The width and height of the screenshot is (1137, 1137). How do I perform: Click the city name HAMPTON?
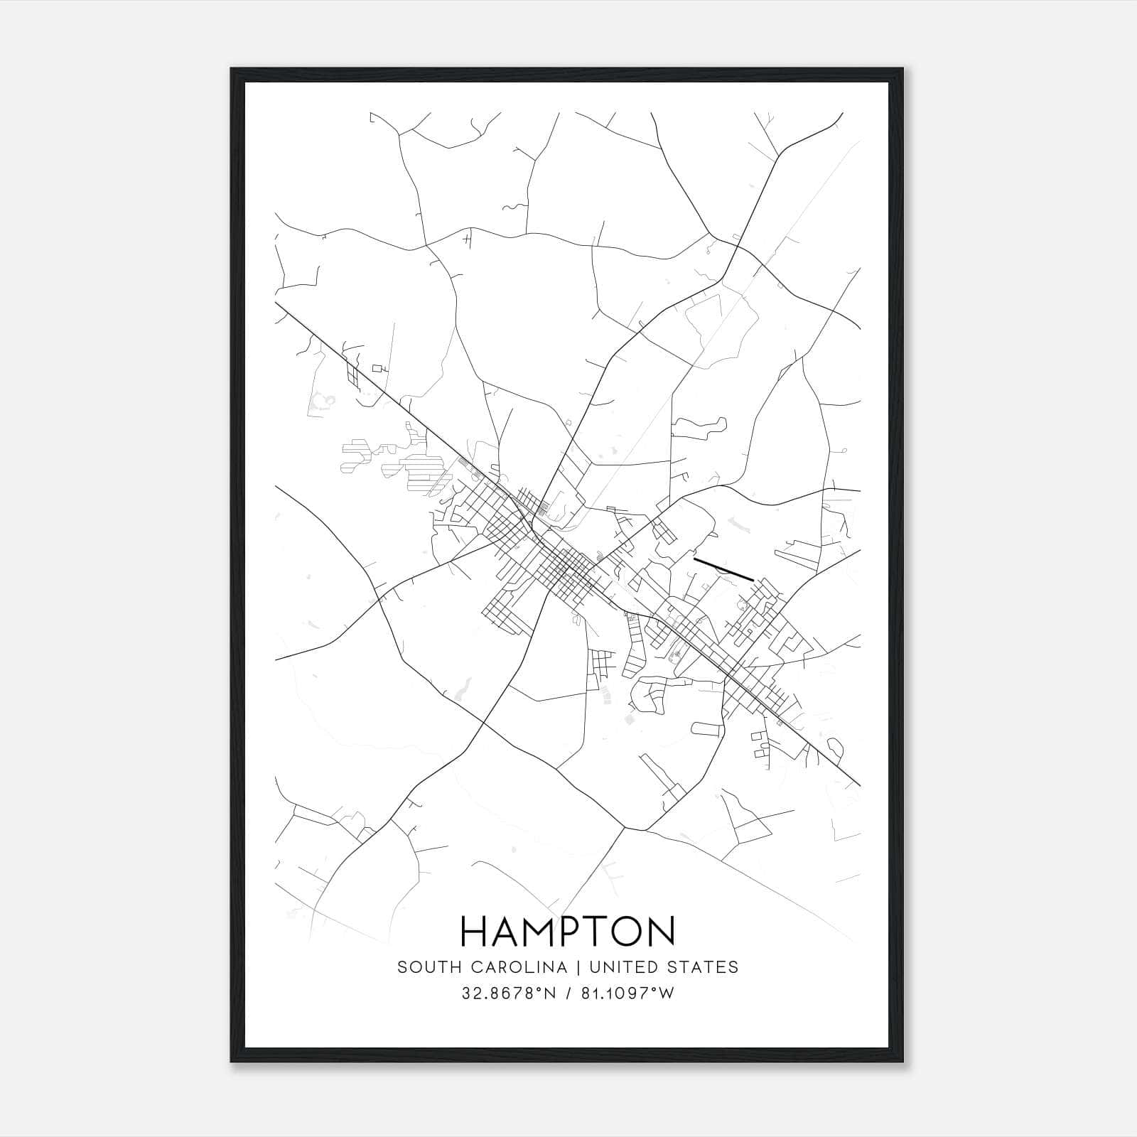pos(568,931)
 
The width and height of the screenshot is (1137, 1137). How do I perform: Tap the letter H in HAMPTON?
pos(475,931)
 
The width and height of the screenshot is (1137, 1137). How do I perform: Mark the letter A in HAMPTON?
pos(509,931)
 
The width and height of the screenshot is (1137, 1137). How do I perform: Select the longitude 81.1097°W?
pos(628,993)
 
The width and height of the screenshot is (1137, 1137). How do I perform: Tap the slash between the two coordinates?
pos(568,993)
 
